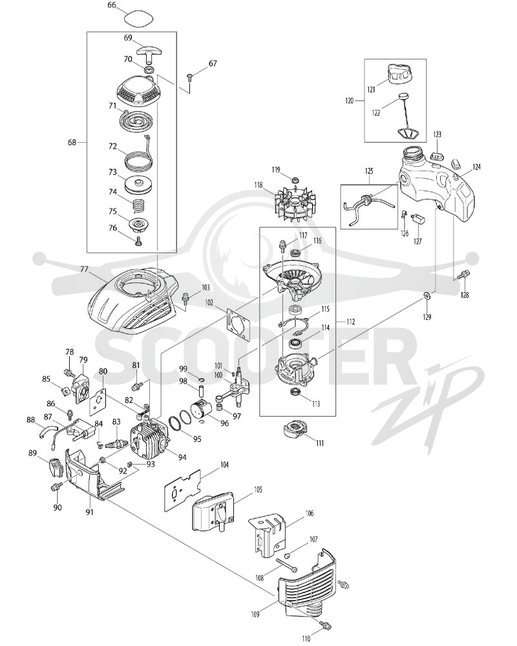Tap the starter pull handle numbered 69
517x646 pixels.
point(149,52)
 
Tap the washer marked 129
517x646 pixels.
point(427,295)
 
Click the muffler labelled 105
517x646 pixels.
point(216,514)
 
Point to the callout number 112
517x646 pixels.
point(350,321)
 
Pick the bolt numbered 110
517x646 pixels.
point(325,626)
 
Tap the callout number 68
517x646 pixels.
point(72,142)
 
